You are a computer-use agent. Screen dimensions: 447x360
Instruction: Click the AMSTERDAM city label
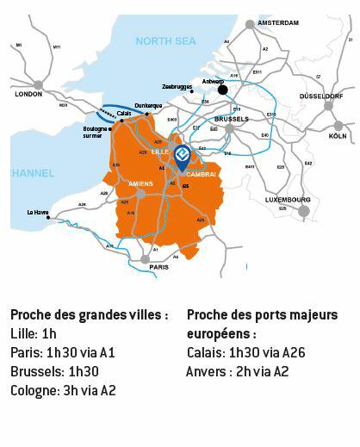[277, 23]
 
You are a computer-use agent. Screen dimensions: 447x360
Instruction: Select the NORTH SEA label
[165, 40]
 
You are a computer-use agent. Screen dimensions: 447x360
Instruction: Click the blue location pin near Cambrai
[182, 155]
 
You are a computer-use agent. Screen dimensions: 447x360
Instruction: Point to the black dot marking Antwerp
[222, 89]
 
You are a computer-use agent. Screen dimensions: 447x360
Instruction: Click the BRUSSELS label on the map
[230, 119]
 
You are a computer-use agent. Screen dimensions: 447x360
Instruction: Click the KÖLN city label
[338, 136]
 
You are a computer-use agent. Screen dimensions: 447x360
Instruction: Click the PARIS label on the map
[158, 267]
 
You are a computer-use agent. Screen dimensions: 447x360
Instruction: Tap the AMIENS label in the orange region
[140, 183]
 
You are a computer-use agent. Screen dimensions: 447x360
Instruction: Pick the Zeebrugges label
[177, 87]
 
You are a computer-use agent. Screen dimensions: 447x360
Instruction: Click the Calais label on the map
[124, 112]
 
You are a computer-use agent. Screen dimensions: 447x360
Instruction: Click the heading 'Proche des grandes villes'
[89, 315]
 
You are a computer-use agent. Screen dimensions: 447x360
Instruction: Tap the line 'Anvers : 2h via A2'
[237, 372]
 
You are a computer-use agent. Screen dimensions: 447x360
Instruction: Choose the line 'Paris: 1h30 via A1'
[62, 353]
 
